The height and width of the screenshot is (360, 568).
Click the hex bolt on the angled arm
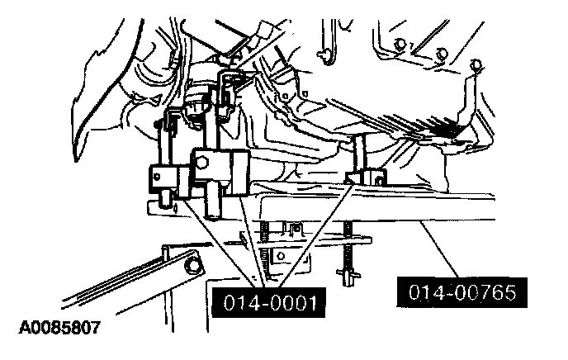[192, 266]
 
